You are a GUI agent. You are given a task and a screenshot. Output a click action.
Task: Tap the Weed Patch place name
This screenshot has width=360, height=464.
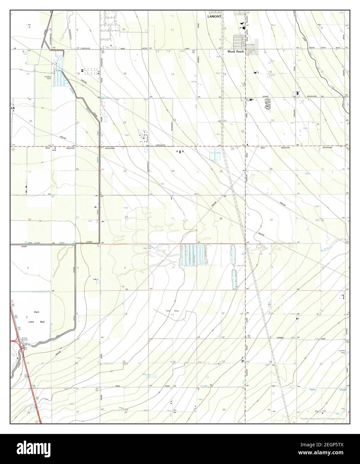(x=236, y=52)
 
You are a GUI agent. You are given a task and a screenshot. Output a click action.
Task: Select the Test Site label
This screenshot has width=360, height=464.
(x=173, y=311)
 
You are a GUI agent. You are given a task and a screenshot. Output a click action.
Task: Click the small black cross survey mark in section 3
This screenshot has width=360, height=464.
(x=123, y=286)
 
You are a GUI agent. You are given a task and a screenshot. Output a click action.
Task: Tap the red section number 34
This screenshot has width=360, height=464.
(x=126, y=217)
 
